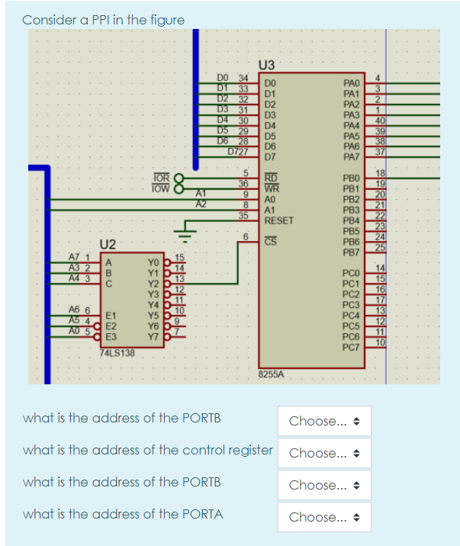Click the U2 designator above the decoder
click(108, 244)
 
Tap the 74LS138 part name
click(116, 353)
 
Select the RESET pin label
click(278, 220)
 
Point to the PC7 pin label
click(352, 348)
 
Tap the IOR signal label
click(161, 177)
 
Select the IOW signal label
click(161, 188)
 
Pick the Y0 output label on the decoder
click(153, 262)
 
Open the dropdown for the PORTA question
click(323, 517)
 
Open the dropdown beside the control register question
click(323, 453)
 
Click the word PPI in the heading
click(80, 19)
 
